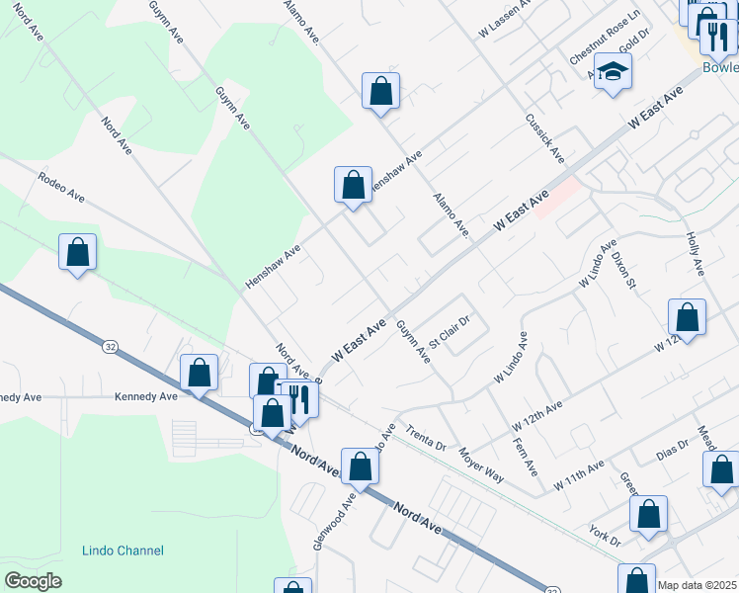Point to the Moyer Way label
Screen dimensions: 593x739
[x=481, y=465]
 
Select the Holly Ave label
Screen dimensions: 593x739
[x=694, y=254]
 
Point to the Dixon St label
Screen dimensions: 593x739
[x=622, y=269]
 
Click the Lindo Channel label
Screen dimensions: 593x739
[x=123, y=551]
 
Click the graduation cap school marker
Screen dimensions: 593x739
[x=613, y=71]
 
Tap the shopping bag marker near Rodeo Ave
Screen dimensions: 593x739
[x=77, y=253]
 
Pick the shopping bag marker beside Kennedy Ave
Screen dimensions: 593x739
[x=199, y=374]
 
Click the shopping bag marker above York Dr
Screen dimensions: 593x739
[x=648, y=514]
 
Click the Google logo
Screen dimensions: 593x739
[x=33, y=581]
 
